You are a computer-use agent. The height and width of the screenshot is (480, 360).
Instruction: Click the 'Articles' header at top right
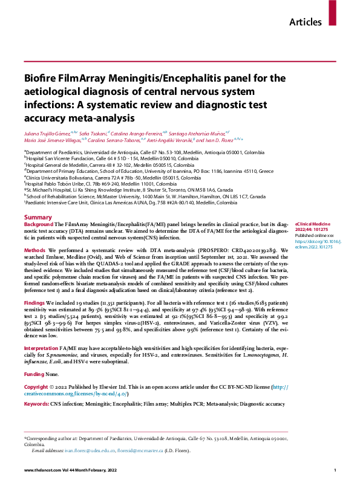[x=306, y=22]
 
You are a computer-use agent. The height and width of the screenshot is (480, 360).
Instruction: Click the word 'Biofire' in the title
[x=44, y=78]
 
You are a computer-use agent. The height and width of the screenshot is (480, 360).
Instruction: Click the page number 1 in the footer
[x=335, y=470]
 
